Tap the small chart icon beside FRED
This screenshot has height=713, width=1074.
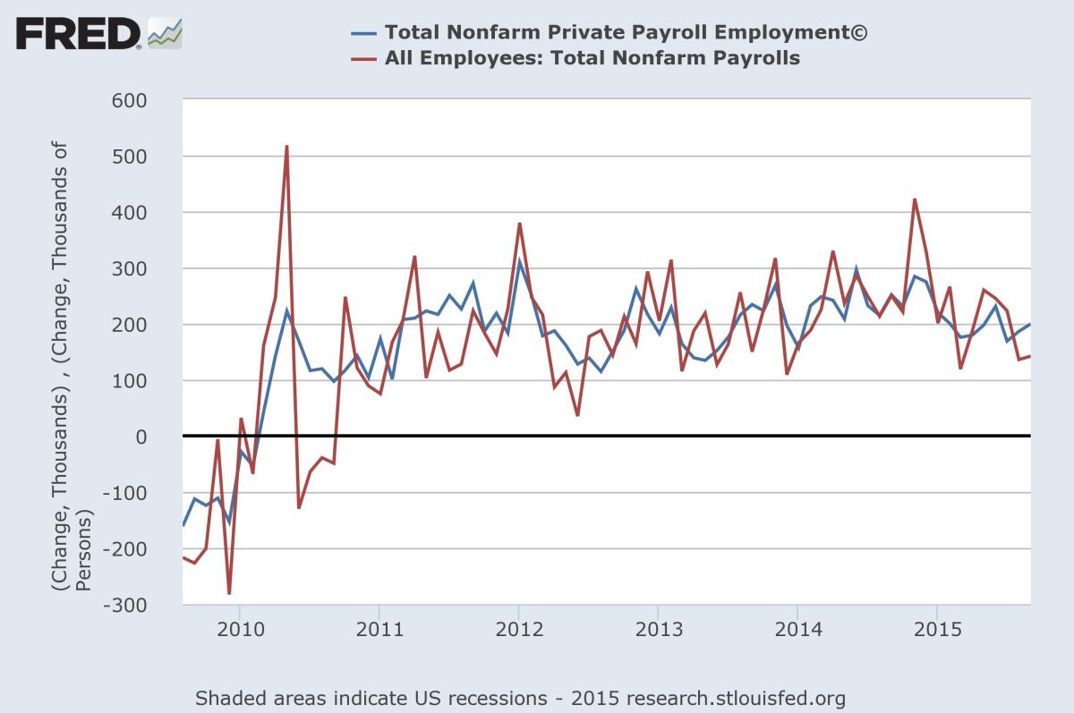click(x=165, y=33)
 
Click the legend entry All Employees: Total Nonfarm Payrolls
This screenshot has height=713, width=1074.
click(x=592, y=59)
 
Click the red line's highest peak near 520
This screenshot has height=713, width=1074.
click(x=286, y=146)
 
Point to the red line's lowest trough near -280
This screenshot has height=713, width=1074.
click(x=229, y=593)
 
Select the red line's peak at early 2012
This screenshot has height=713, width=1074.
click(x=519, y=224)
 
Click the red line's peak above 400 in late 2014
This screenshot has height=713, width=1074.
click(x=915, y=199)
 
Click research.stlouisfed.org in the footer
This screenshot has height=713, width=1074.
click(x=736, y=698)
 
